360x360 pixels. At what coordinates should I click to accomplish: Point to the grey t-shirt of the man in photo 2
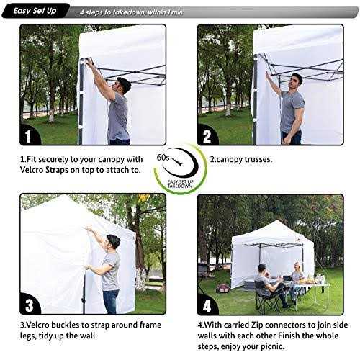[x=292, y=108]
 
